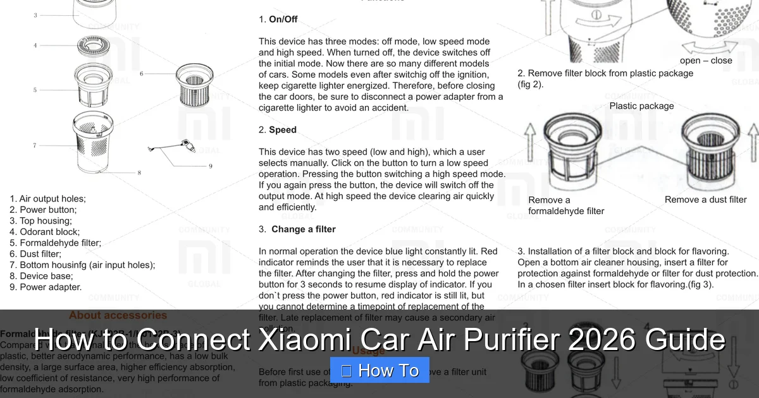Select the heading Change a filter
[303, 229]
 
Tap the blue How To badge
[379, 370]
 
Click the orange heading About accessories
[118, 315]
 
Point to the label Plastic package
[641, 106]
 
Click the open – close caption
[706, 61]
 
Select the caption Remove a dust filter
[705, 200]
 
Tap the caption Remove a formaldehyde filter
[566, 205]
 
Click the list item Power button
[48, 210]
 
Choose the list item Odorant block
[50, 232]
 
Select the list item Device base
[46, 276]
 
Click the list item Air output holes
[52, 198]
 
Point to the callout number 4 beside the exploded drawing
[35, 45]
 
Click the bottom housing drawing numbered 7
[94, 142]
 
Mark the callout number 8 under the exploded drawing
[139, 172]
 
